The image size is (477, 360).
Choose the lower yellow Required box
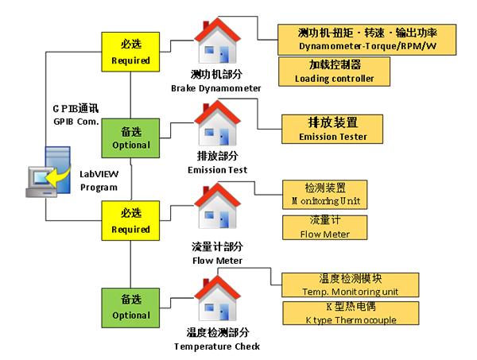(130, 222)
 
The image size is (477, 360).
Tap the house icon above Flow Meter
(217, 209)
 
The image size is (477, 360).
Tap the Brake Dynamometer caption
(216, 83)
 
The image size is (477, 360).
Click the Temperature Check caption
(216, 340)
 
